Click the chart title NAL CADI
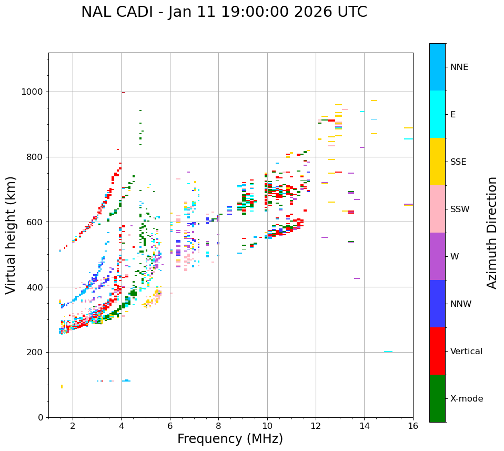(x=224, y=12)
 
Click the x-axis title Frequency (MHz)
(x=230, y=439)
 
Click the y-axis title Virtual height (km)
(x=11, y=235)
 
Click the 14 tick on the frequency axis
(x=364, y=425)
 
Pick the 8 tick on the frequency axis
(x=218, y=425)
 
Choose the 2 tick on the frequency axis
(x=73, y=425)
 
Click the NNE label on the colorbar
(x=459, y=67)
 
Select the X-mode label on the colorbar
(x=467, y=399)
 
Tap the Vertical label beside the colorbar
(x=467, y=352)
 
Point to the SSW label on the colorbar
(x=460, y=209)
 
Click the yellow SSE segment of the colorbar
(x=437, y=162)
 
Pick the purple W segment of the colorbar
(x=437, y=256)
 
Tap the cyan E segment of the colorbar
(x=437, y=114)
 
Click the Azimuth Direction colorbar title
(x=492, y=233)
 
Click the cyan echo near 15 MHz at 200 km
(x=388, y=352)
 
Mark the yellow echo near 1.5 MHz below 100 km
(x=62, y=387)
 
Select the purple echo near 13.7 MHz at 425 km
(x=357, y=278)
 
